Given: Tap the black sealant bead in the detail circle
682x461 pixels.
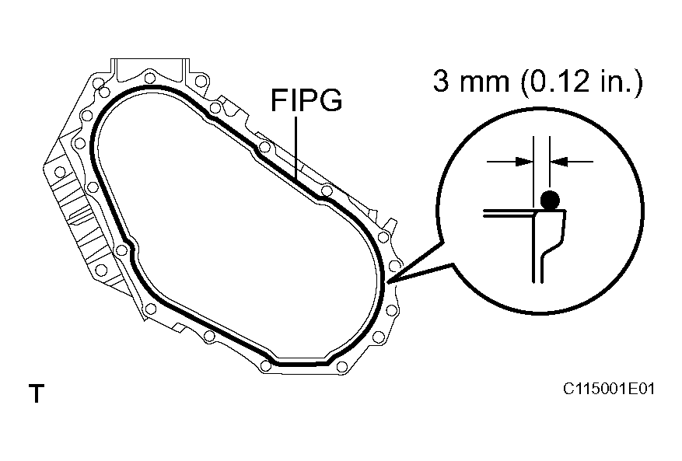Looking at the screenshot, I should (x=550, y=201).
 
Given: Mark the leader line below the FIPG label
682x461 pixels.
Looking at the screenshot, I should (x=296, y=148).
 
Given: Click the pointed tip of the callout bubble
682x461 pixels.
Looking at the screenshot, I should (x=390, y=281).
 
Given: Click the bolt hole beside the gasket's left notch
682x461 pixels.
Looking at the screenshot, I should (x=121, y=250).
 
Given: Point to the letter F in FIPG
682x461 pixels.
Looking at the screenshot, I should (x=278, y=101).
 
